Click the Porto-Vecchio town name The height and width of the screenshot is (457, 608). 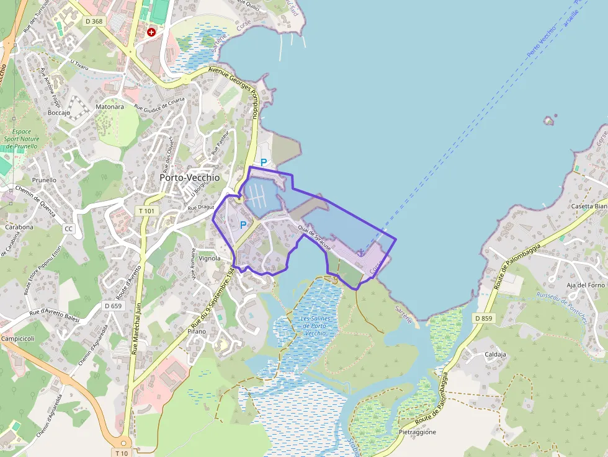189,177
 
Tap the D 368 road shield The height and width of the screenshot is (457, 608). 94,21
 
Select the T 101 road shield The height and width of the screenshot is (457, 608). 147,211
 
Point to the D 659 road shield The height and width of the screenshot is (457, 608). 113,306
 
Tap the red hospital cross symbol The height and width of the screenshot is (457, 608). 151,32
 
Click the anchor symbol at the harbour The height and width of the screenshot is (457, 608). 360,252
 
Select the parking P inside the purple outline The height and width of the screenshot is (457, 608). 243,226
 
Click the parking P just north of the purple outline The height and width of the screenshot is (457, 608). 263,162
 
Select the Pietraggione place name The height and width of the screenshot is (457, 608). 418,432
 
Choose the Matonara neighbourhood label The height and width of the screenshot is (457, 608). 109,107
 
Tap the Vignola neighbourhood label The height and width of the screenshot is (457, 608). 209,259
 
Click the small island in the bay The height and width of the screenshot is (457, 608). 548,120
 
